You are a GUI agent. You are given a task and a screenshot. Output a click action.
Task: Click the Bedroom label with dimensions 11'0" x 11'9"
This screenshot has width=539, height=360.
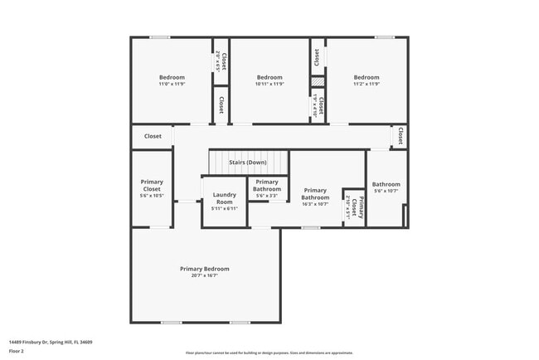[x=172, y=80]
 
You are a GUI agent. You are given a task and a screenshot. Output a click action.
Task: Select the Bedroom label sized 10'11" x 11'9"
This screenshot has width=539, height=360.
[x=269, y=80]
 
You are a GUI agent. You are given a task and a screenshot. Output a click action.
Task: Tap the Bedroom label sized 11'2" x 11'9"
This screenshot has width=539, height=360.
[x=367, y=80]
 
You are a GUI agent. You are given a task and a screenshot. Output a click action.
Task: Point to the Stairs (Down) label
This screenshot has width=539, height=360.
[x=248, y=162]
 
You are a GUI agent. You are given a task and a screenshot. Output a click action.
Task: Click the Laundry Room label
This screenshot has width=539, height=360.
[x=225, y=202]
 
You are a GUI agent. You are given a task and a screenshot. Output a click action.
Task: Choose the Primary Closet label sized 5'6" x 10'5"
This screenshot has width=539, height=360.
[x=152, y=188]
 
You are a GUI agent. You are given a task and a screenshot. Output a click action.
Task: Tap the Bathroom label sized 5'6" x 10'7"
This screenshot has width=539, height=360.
[x=386, y=187]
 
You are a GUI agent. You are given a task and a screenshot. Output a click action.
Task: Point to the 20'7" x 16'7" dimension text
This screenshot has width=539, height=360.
[x=205, y=276]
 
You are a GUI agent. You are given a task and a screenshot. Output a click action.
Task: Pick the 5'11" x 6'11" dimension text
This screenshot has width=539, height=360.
[x=225, y=208]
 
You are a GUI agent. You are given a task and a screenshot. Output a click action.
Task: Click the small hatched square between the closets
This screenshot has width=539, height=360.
[x=317, y=82]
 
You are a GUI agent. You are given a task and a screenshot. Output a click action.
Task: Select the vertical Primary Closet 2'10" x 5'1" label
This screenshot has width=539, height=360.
[x=354, y=207]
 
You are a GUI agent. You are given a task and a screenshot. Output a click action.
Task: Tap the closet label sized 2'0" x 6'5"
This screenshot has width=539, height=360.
[x=221, y=61]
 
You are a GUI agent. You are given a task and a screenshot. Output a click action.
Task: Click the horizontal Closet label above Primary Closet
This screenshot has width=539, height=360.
[x=153, y=136]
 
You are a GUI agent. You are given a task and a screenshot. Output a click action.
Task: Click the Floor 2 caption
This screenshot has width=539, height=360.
[x=17, y=351]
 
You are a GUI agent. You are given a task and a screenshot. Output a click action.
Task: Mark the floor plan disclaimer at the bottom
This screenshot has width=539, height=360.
[x=269, y=352]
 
